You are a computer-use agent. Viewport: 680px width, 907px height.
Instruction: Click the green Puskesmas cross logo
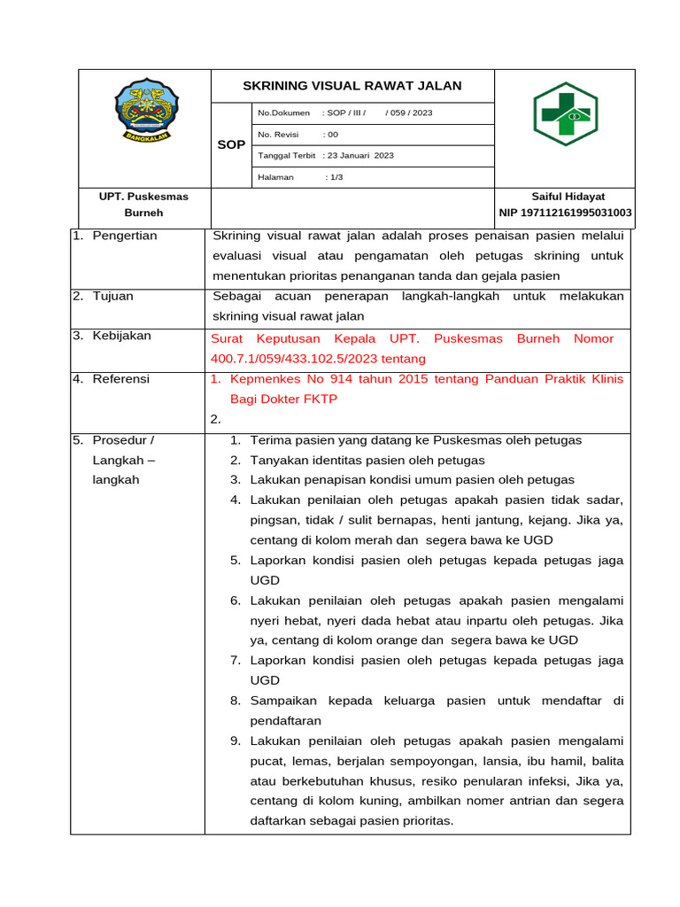tap(564, 114)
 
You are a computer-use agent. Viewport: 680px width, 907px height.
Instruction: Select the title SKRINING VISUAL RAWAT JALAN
tap(352, 86)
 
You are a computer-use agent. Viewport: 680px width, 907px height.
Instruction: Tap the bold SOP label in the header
tap(231, 144)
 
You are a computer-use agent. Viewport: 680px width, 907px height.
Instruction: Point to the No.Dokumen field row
tap(345, 113)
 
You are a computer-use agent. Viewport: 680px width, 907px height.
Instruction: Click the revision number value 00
tap(332, 135)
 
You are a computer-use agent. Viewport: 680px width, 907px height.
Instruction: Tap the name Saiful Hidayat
tap(568, 197)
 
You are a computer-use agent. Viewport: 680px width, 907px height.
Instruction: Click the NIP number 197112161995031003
tap(566, 213)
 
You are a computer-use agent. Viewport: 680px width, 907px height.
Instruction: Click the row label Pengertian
tap(125, 236)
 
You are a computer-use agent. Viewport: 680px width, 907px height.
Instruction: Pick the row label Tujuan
tap(112, 296)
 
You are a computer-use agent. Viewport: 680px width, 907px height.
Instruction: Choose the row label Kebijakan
tap(122, 337)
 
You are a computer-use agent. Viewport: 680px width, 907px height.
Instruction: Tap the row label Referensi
tap(121, 379)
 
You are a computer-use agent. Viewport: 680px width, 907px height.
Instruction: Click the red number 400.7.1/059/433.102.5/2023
tap(294, 359)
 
